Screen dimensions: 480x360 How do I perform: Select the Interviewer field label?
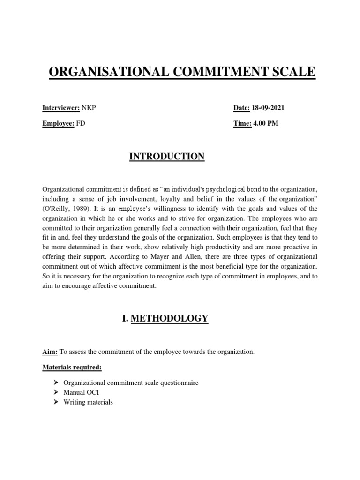coord(61,108)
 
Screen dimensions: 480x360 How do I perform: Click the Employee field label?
coord(58,124)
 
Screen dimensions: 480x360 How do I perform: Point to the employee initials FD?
coord(81,124)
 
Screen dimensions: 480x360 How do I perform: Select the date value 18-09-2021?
coord(268,108)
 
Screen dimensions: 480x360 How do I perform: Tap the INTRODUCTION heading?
coord(167,157)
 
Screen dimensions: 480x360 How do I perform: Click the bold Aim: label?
coord(50,352)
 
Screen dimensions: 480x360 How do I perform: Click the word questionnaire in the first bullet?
coord(180,383)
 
